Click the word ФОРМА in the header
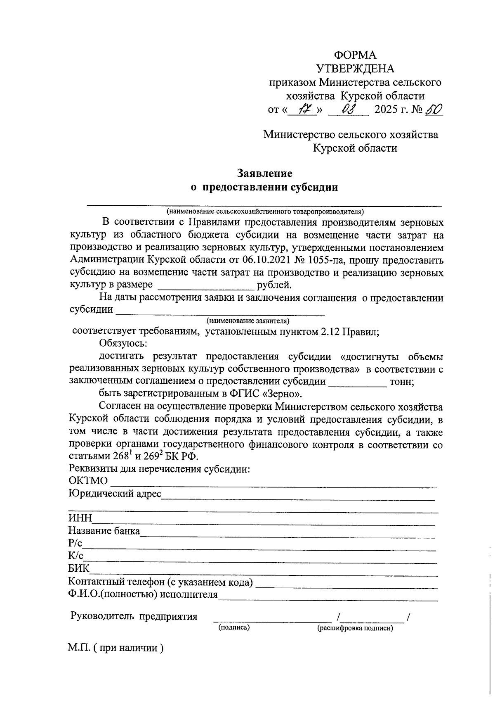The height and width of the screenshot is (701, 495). click(355, 55)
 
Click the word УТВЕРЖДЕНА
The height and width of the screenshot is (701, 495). click(355, 69)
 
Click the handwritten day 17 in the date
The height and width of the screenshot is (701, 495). click(305, 110)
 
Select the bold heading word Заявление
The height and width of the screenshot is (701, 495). click(264, 173)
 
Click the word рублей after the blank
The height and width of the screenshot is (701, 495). click(274, 285)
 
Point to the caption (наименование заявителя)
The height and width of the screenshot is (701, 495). click(247, 321)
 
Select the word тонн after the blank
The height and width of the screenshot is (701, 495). click(401, 382)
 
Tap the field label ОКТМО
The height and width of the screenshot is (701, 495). click(88, 481)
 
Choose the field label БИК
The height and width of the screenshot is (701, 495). click(78, 569)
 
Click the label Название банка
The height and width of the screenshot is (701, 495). click(104, 531)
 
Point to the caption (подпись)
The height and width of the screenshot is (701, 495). click(234, 627)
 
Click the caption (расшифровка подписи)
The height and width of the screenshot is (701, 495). click(355, 628)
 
